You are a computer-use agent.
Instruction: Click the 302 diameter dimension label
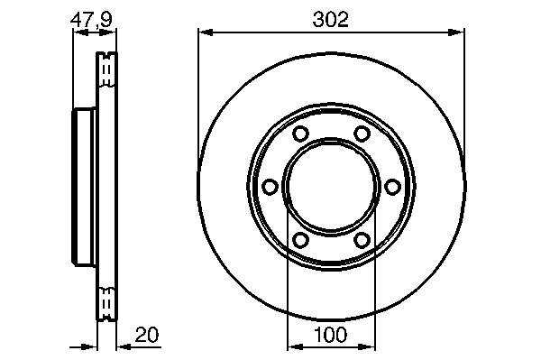(330, 19)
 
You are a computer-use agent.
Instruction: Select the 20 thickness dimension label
(147, 335)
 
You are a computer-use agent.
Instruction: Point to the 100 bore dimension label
(330, 335)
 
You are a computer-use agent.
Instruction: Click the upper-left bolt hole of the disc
(300, 134)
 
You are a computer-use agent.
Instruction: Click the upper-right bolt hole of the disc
(362, 134)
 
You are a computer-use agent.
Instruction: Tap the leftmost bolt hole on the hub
(270, 187)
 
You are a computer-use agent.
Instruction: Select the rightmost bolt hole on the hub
(392, 187)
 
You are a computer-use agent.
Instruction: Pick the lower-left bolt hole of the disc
(300, 240)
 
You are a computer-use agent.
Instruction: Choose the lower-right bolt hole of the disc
(362, 240)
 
